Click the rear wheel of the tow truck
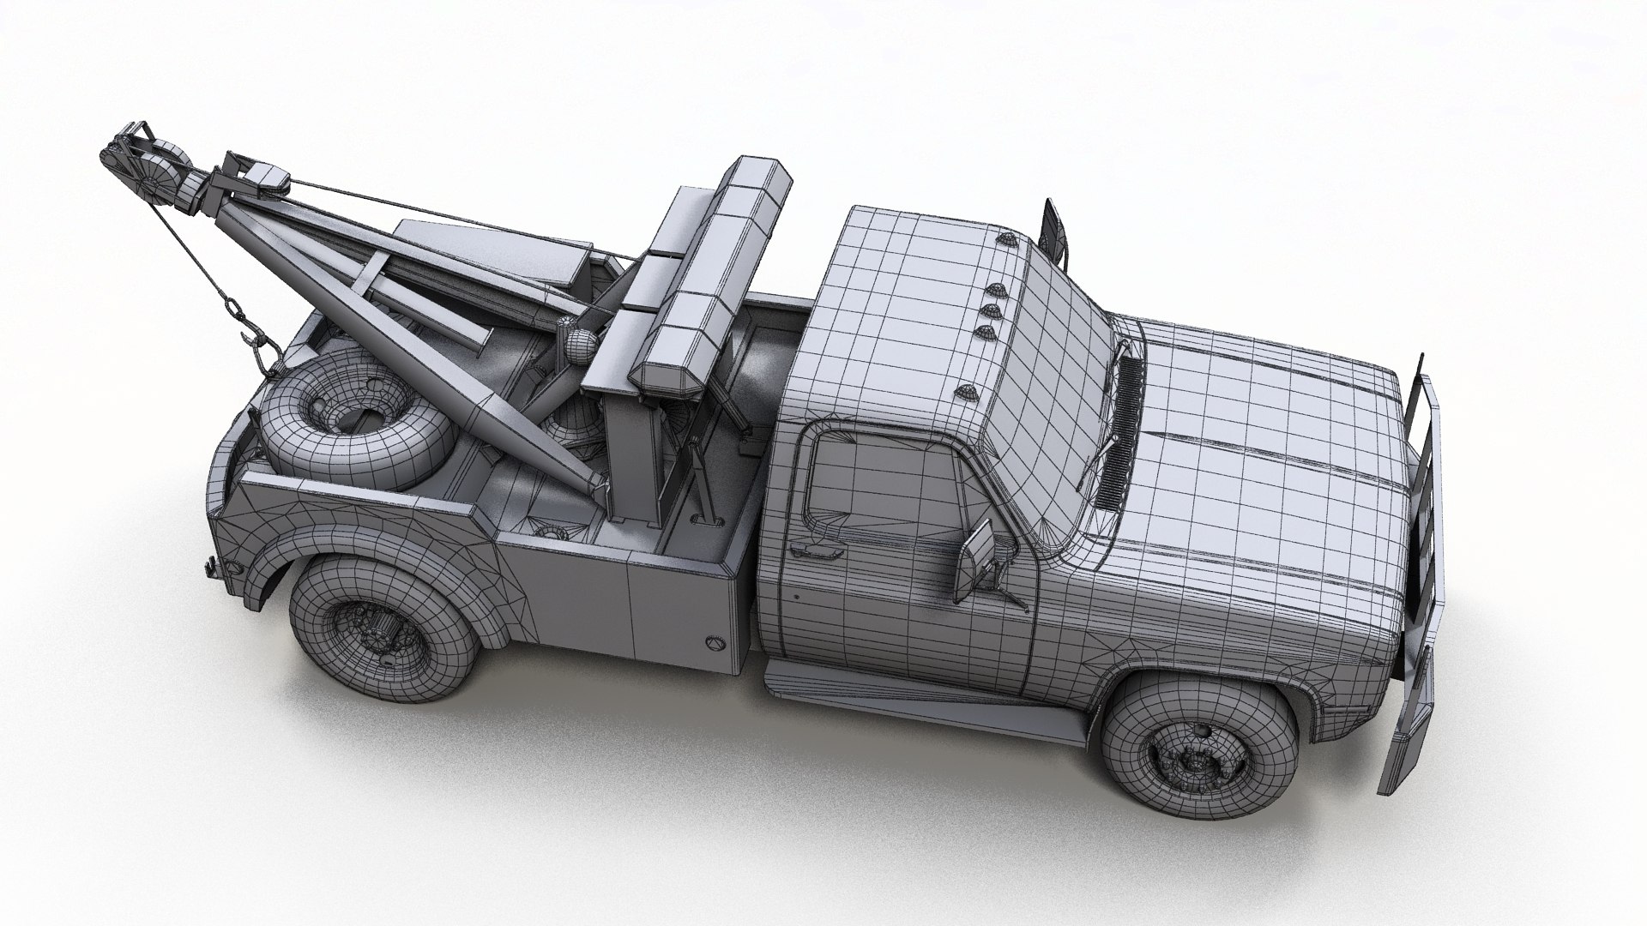click(x=382, y=626)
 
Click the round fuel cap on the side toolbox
click(x=715, y=641)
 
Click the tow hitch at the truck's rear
click(x=211, y=566)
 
